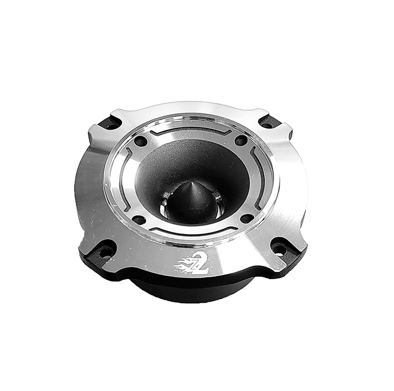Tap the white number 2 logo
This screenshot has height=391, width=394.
[200, 264]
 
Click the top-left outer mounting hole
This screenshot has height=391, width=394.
[110, 124]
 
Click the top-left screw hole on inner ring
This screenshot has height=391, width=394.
[141, 141]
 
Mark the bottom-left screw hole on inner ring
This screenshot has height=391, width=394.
[139, 220]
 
